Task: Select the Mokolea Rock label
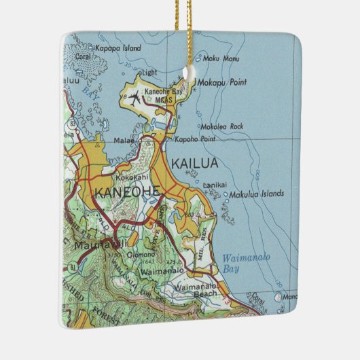(x=221, y=127)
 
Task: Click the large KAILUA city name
(x=194, y=163)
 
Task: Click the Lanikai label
(x=215, y=185)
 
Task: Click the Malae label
(x=124, y=141)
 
